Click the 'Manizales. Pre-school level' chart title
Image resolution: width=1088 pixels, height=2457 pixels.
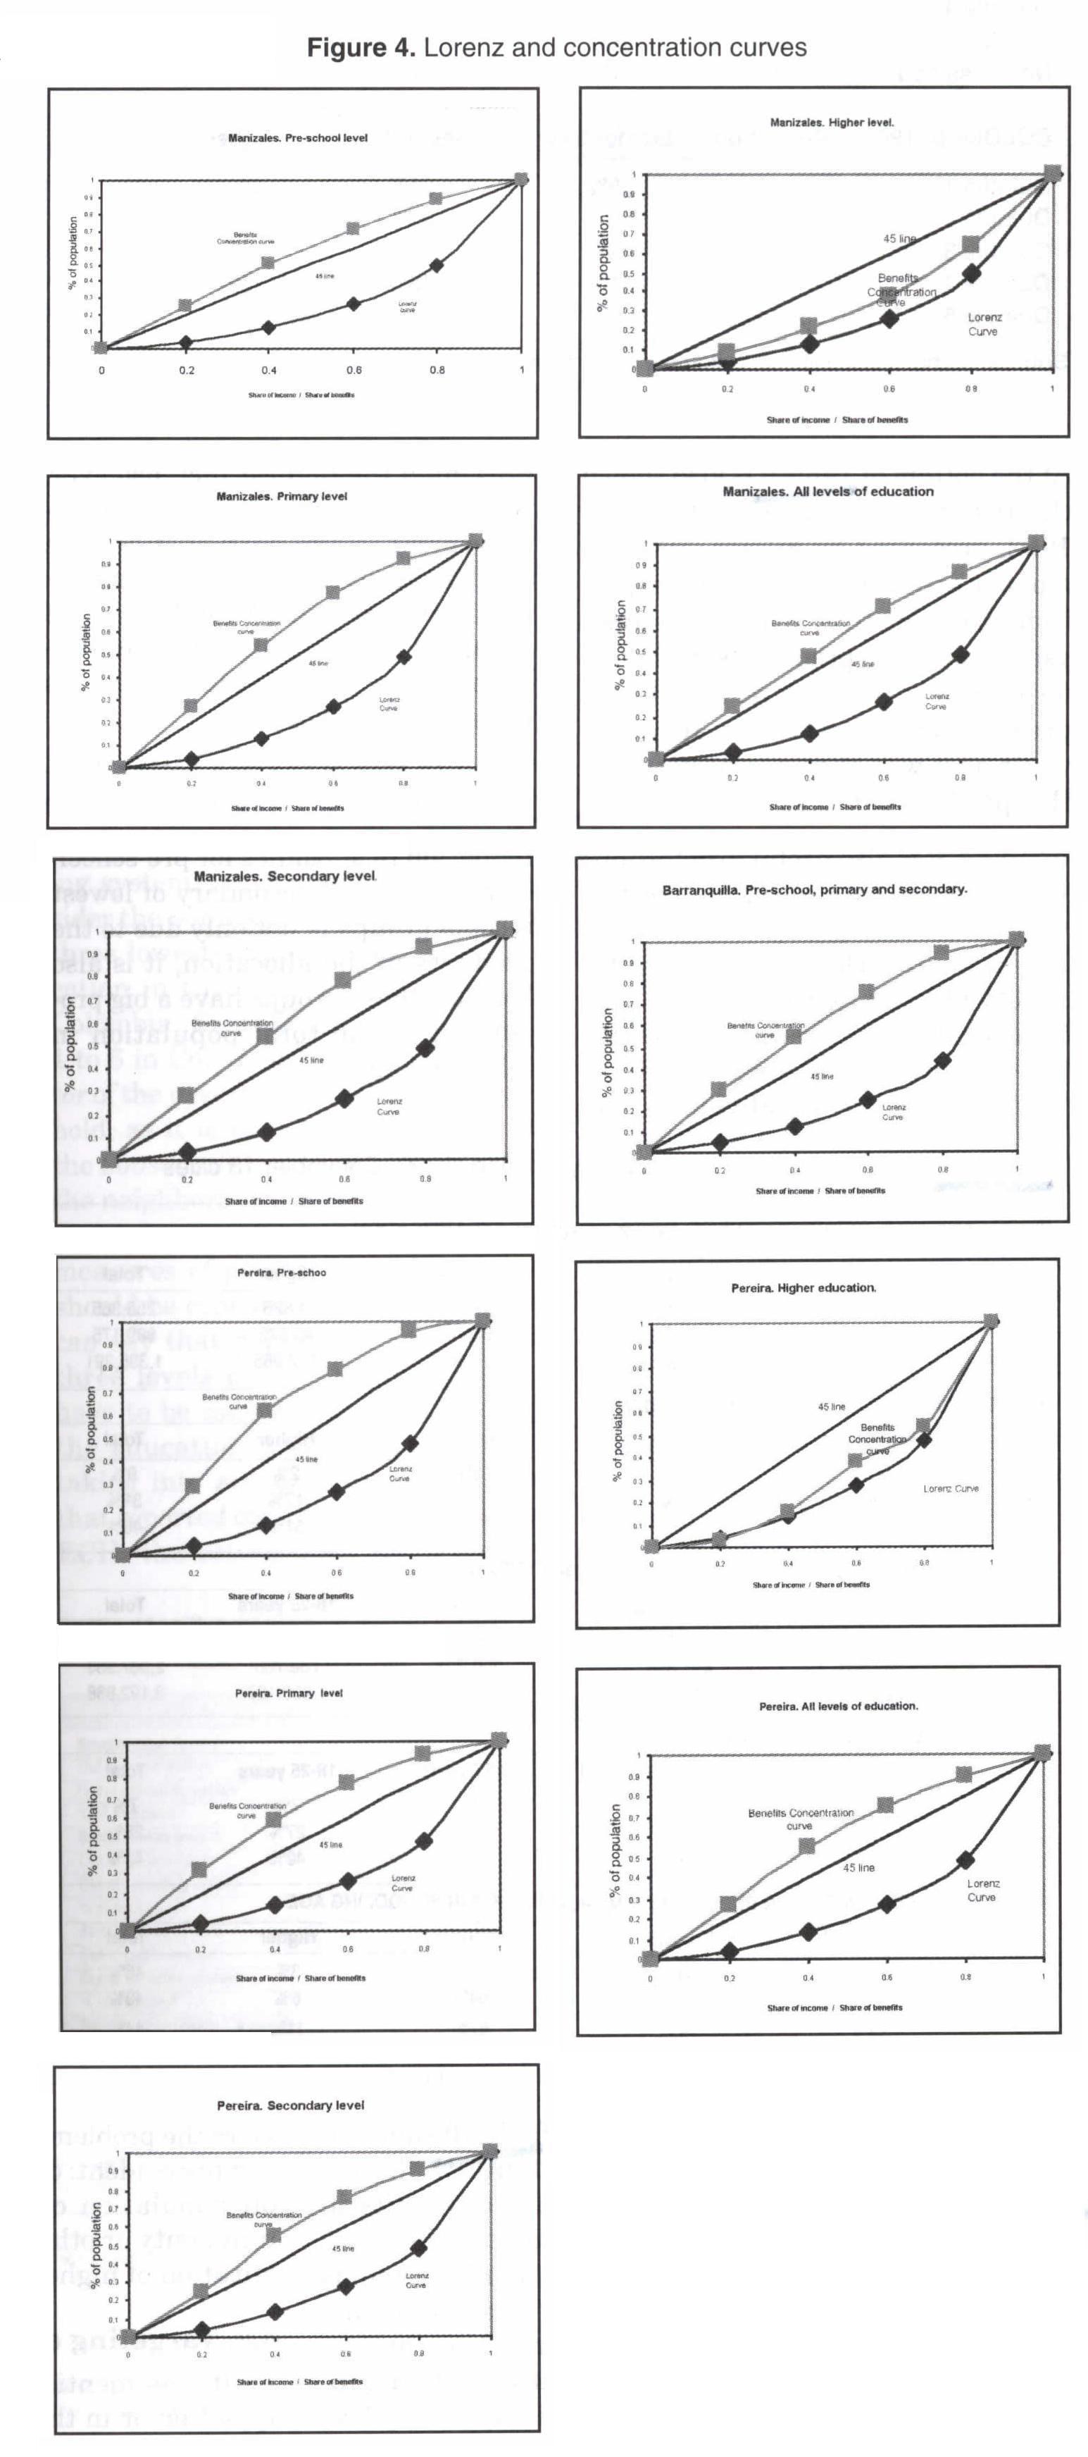click(297, 138)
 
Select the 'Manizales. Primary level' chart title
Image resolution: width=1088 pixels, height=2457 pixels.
click(281, 497)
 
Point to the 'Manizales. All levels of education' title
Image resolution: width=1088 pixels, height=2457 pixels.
click(827, 492)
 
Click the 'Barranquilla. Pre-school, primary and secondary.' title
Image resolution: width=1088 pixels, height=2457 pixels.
click(814, 890)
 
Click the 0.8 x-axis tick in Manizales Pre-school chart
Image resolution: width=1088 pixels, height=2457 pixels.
click(436, 370)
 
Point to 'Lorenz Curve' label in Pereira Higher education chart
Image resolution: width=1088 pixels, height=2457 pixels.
click(951, 1489)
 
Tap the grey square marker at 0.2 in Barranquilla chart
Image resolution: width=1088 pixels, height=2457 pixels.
click(719, 1089)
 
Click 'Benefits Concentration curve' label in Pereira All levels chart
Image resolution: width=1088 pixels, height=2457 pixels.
click(800, 1819)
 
